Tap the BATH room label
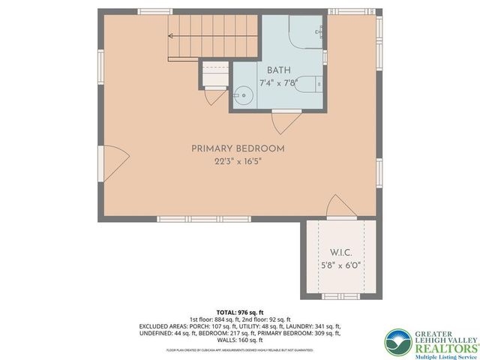click(x=277, y=71)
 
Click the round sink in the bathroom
click(x=242, y=95)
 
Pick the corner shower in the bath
click(x=305, y=32)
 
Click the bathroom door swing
click(x=286, y=122)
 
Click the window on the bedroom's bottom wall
click(x=190, y=219)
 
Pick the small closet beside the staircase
click(x=214, y=74)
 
